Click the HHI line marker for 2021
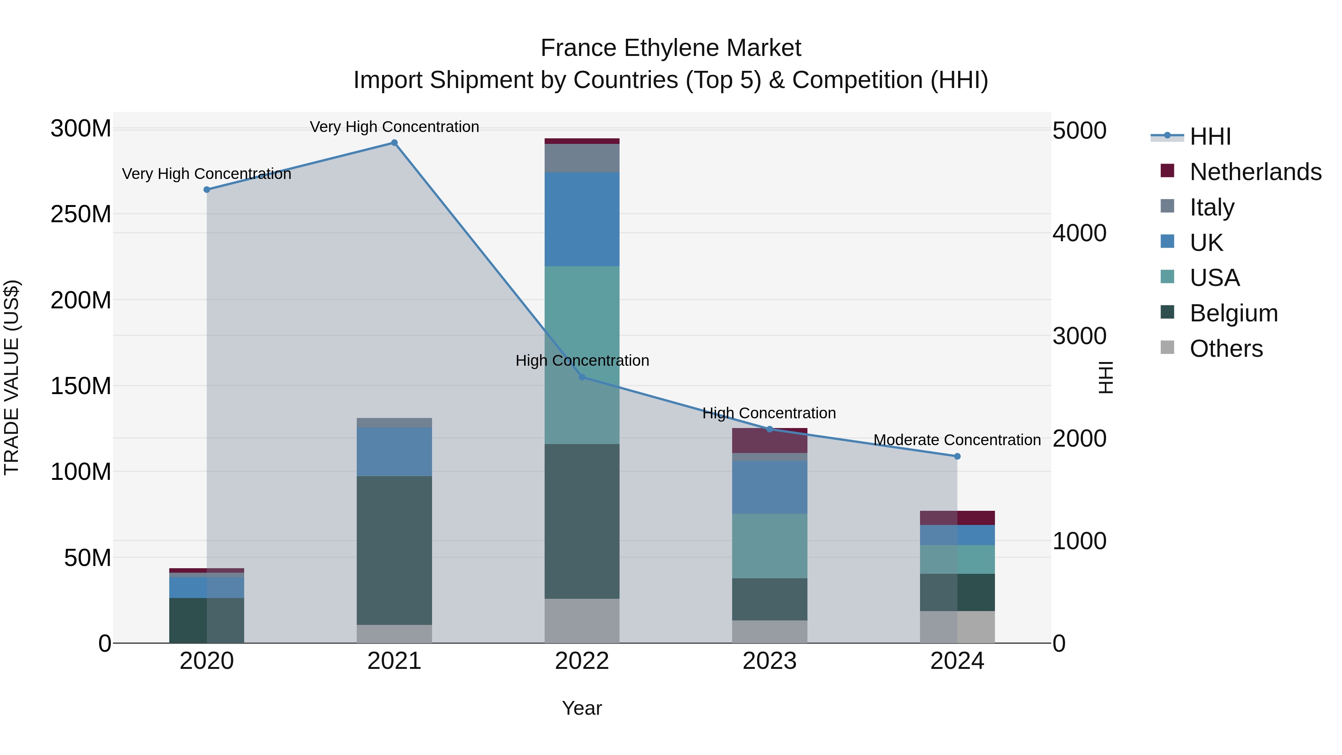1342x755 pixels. pos(394,143)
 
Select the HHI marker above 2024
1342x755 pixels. pos(957,456)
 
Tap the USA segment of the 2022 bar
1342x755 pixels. pos(582,354)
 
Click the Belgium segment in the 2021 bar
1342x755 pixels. pos(394,550)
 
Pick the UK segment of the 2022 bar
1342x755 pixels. pos(582,219)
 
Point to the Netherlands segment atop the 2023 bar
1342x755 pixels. pos(769,441)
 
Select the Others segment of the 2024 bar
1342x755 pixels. pos(957,627)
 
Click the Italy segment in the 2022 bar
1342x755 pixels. pos(582,158)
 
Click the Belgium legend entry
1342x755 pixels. pos(1233,313)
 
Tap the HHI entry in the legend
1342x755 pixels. pos(1210,136)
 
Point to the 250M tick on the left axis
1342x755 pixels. pos(81,214)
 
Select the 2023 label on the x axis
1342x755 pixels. pos(769,661)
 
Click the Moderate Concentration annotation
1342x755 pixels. pos(957,440)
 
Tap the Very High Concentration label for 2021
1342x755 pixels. pos(394,127)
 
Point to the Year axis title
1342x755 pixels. pos(582,708)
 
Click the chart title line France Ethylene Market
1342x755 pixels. pos(671,48)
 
